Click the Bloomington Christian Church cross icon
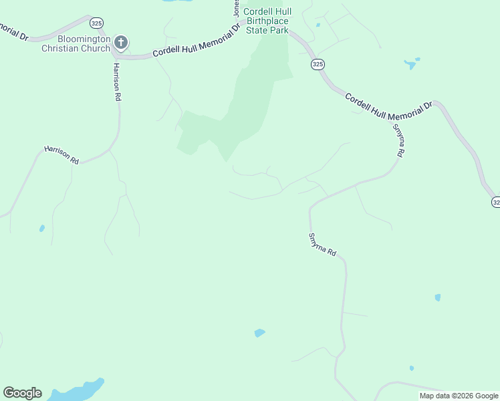click(x=121, y=43)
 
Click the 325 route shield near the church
click(x=97, y=23)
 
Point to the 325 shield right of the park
click(x=318, y=64)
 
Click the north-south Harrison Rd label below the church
click(x=117, y=82)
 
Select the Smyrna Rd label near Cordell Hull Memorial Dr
click(x=398, y=140)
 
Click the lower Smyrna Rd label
click(x=322, y=247)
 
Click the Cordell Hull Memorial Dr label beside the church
click(x=196, y=43)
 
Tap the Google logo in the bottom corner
click(x=22, y=393)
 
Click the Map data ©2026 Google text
click(x=459, y=396)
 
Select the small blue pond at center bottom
click(x=259, y=333)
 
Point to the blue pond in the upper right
click(x=410, y=64)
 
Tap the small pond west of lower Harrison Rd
click(x=42, y=229)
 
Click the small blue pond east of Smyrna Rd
click(x=438, y=297)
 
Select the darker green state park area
click(x=251, y=100)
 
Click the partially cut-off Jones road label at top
click(x=236, y=7)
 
